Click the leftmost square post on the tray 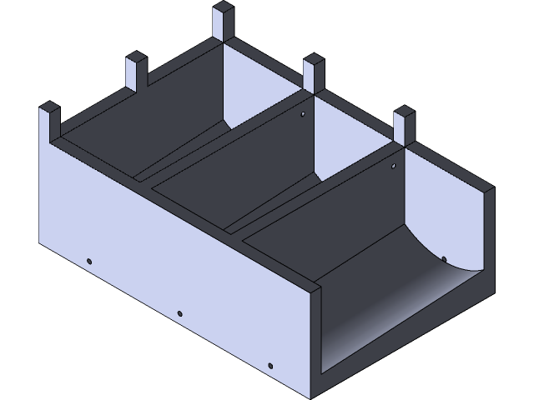pyautogui.click(x=49, y=122)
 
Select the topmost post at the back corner pyautogui.click(x=224, y=21)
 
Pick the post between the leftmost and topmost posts pyautogui.click(x=136, y=72)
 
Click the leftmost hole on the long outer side pyautogui.click(x=90, y=262)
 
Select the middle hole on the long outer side pyautogui.click(x=179, y=313)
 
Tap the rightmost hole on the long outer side pyautogui.click(x=270, y=365)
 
